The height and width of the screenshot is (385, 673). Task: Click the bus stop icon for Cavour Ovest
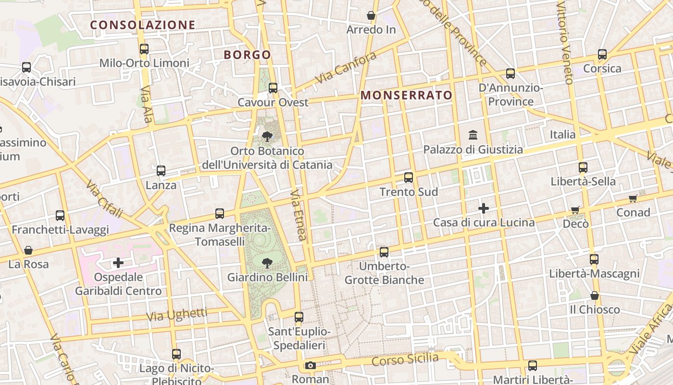273,88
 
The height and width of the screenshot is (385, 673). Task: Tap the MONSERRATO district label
407,95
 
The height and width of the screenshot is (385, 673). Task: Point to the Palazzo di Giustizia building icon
473,135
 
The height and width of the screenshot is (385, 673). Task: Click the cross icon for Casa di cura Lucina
484,208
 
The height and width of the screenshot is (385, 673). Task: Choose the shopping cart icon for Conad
633,198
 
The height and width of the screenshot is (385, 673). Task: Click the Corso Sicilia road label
405,359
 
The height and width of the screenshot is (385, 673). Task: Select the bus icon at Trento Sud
409,178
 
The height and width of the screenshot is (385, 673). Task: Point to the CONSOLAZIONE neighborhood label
143,25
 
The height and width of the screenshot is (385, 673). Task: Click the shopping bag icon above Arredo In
371,15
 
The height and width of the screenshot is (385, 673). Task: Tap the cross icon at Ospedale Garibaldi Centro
118,263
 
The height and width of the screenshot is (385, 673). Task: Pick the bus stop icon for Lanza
161,171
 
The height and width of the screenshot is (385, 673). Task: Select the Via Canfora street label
346,68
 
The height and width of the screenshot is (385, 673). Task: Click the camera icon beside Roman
311,365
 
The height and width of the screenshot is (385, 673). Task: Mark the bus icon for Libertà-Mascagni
594,259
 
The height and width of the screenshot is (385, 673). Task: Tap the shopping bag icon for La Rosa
28,250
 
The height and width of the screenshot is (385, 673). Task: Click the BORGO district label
248,55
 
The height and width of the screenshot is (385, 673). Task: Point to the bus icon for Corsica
602,54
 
